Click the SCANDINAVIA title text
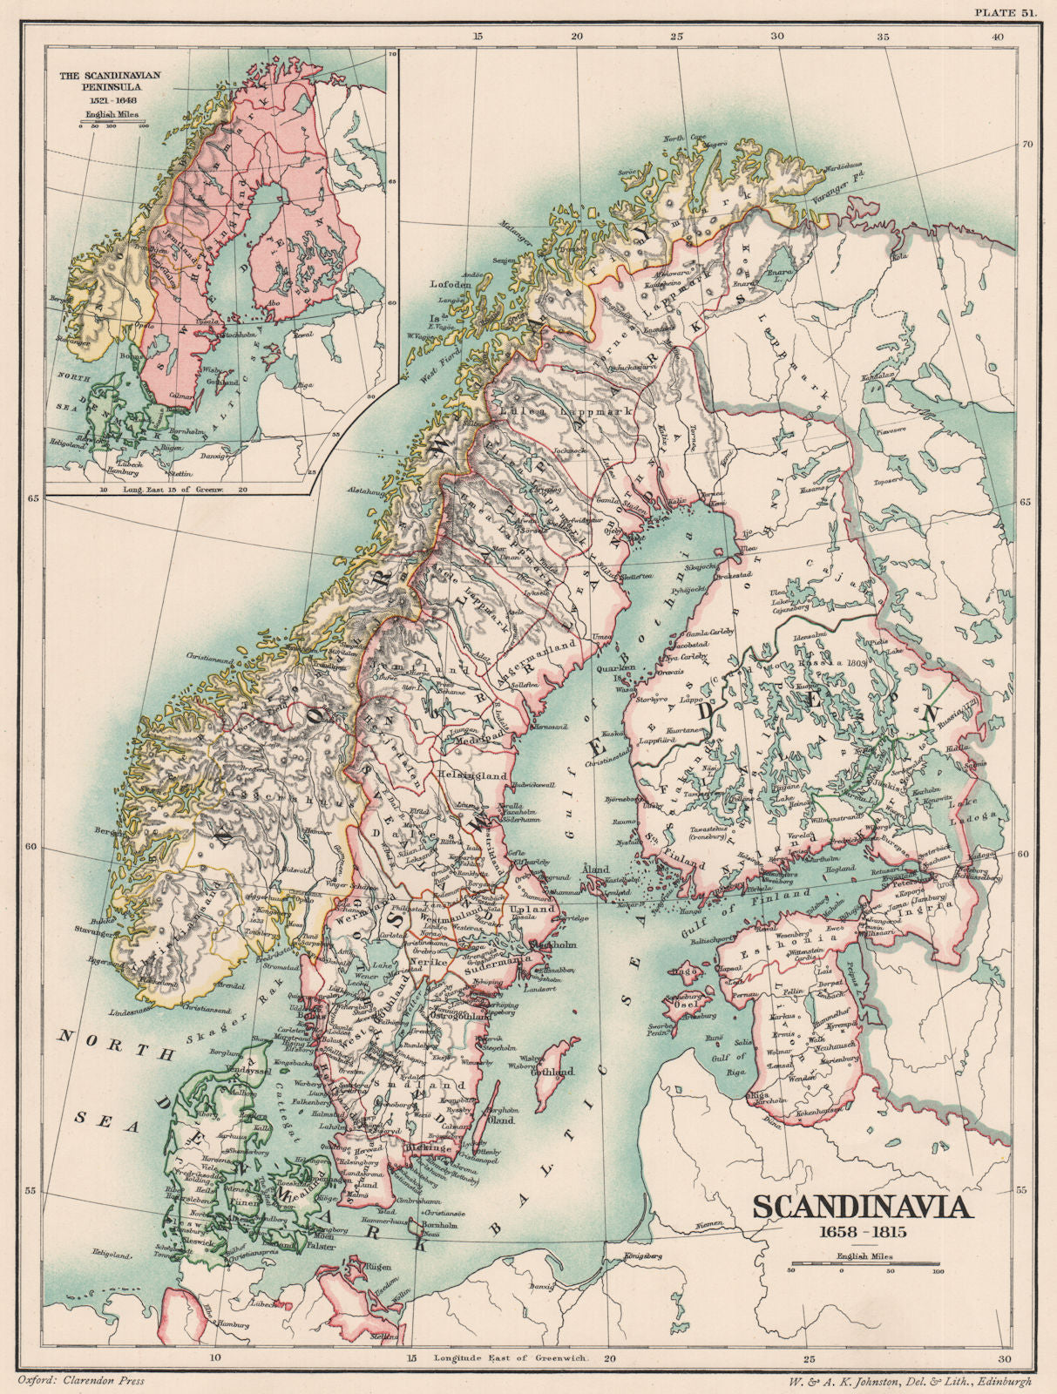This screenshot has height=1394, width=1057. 861,1208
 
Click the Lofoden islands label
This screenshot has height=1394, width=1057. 451,285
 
